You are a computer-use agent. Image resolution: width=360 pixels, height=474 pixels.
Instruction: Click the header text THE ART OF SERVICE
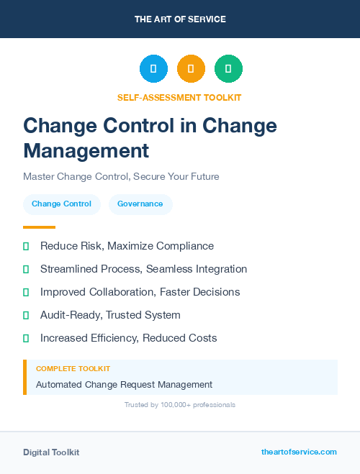[180, 19]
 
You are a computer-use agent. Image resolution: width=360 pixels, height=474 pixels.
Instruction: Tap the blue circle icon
[153, 69]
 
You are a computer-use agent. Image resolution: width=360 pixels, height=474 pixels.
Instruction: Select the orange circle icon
[191, 69]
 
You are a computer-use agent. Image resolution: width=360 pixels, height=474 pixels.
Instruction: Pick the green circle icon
[228, 69]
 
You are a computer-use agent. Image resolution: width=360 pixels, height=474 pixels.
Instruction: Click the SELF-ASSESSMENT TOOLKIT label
[179, 97]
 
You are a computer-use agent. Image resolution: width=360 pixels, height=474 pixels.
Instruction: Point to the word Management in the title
[86, 150]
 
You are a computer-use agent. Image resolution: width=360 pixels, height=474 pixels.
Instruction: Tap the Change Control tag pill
[61, 204]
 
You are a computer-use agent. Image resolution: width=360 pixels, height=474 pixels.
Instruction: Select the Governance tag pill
[140, 204]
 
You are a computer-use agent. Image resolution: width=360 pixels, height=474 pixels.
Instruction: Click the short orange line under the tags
[39, 227]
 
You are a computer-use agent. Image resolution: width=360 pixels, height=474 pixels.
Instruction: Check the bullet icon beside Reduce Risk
[26, 246]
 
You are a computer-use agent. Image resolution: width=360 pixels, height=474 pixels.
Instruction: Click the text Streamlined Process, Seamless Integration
[143, 269]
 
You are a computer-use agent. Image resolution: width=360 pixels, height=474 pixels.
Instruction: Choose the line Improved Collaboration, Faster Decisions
[140, 292]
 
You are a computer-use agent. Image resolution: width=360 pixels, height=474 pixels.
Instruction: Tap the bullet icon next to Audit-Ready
[26, 315]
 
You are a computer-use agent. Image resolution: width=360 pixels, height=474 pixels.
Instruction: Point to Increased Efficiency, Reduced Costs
[128, 338]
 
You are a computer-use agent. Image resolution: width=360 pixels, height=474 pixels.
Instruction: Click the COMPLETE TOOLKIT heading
[73, 368]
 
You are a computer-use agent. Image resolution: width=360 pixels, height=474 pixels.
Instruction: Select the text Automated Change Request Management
[124, 385]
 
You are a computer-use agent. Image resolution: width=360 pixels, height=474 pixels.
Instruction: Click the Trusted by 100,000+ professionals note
[180, 405]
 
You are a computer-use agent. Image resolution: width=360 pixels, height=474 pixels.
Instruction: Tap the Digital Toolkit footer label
[51, 452]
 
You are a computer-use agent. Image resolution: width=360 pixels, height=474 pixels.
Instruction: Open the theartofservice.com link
[299, 452]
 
